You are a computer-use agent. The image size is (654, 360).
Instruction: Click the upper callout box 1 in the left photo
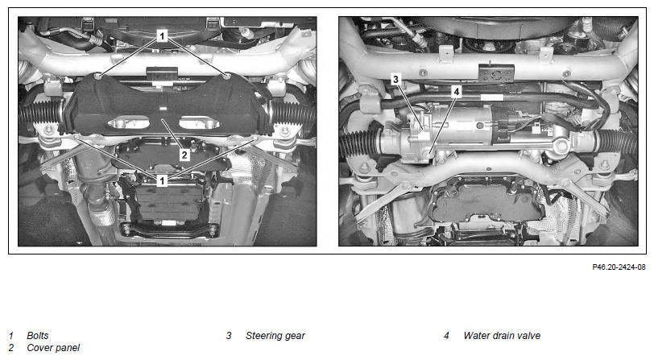click(162, 36)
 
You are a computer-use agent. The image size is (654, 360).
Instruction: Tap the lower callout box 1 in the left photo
click(162, 180)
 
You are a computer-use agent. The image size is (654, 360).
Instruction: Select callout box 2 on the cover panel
click(184, 155)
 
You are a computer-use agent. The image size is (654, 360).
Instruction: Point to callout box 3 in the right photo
click(395, 79)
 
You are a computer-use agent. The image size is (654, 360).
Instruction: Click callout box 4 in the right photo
click(457, 91)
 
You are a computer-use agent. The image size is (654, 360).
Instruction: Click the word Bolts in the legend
click(38, 335)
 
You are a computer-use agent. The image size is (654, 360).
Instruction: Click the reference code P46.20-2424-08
click(619, 267)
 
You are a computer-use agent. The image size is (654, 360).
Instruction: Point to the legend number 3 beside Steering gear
click(229, 335)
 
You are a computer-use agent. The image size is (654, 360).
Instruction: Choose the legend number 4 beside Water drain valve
click(446, 335)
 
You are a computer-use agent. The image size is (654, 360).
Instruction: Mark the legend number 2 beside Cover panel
click(10, 347)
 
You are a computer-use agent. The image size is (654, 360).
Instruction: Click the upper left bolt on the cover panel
click(98, 76)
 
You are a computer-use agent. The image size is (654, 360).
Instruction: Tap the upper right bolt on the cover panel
click(226, 76)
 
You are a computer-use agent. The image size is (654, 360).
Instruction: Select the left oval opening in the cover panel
click(129, 122)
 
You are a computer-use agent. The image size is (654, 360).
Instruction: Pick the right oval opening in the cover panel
click(200, 122)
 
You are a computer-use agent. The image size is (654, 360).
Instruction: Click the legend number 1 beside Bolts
click(10, 335)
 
